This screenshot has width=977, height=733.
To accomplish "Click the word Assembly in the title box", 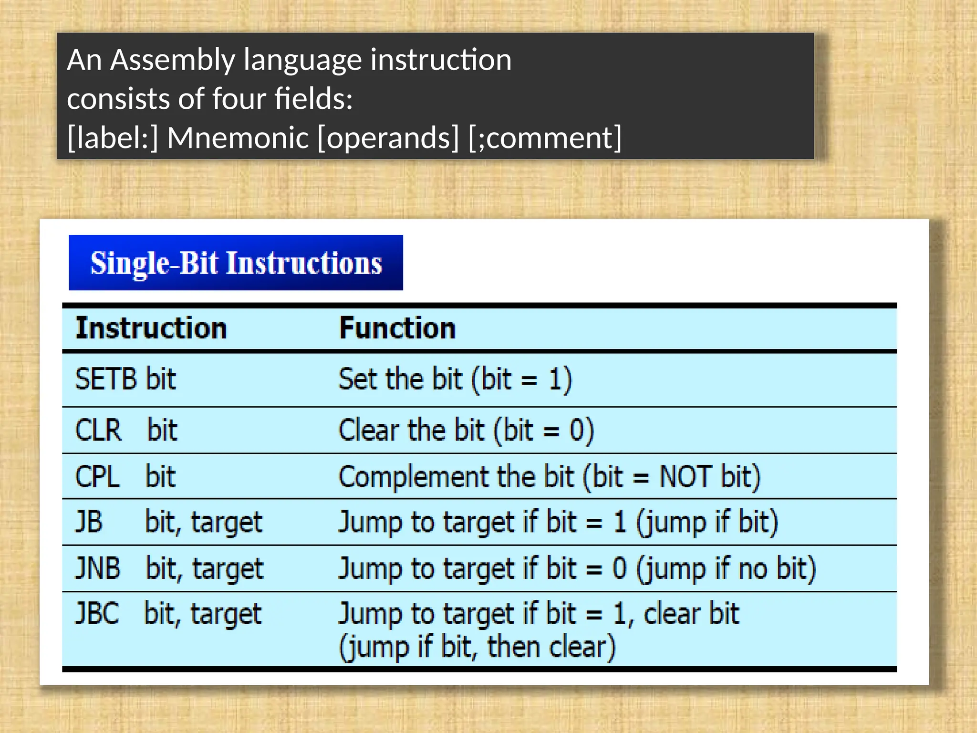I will click(x=173, y=61).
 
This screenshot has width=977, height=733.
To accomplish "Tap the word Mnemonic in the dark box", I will click(x=238, y=138).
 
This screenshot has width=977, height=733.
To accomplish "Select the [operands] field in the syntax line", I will click(x=388, y=138).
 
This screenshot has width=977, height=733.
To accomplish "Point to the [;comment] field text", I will click(x=545, y=138).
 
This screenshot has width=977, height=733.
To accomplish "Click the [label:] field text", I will click(x=113, y=138).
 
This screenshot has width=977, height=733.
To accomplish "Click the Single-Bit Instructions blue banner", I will click(x=236, y=262).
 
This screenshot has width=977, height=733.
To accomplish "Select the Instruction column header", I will click(x=151, y=328).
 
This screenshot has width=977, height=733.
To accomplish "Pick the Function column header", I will click(x=397, y=328).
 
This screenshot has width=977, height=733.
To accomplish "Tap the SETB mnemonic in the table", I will click(x=105, y=379).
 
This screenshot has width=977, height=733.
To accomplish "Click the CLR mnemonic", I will click(x=98, y=430).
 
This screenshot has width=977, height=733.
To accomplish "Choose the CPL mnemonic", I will click(x=97, y=476).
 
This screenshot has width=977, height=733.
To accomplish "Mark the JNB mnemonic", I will click(x=98, y=568).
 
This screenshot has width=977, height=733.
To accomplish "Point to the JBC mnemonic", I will click(x=97, y=614).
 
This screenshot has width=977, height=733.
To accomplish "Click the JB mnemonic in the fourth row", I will click(x=89, y=522).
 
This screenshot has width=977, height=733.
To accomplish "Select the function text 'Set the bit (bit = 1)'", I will click(x=455, y=380).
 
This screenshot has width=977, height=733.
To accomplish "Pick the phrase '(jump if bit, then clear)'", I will click(x=477, y=647).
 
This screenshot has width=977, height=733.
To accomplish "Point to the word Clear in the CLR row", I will click(x=369, y=430).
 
